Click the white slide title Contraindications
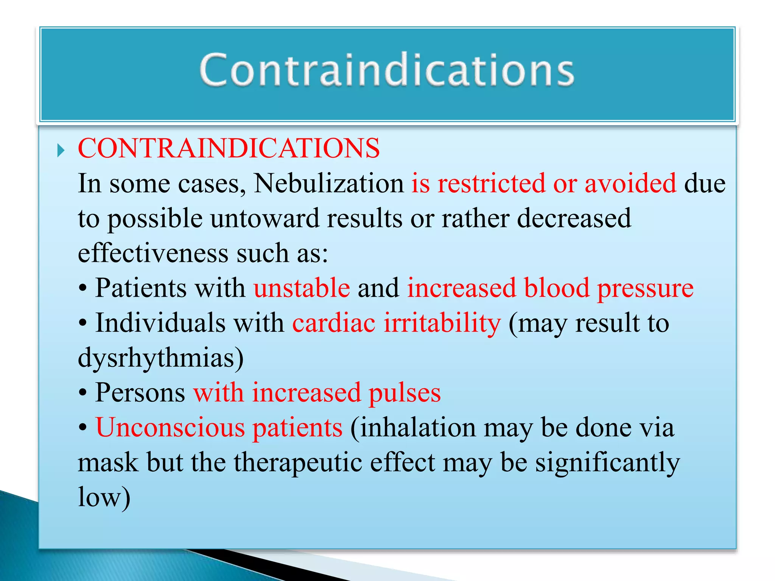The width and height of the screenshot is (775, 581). [387, 70]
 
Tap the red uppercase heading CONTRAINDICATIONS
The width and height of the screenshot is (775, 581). [229, 148]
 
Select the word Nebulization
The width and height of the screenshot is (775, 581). [329, 183]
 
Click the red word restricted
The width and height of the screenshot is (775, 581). [491, 183]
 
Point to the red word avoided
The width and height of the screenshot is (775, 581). [630, 183]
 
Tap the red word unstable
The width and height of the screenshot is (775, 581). [302, 288]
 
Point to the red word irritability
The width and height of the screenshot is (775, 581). [442, 323]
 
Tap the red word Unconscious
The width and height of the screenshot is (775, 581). [170, 427]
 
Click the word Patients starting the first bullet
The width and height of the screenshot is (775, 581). [140, 288]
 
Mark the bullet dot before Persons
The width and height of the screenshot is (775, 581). [83, 393]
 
